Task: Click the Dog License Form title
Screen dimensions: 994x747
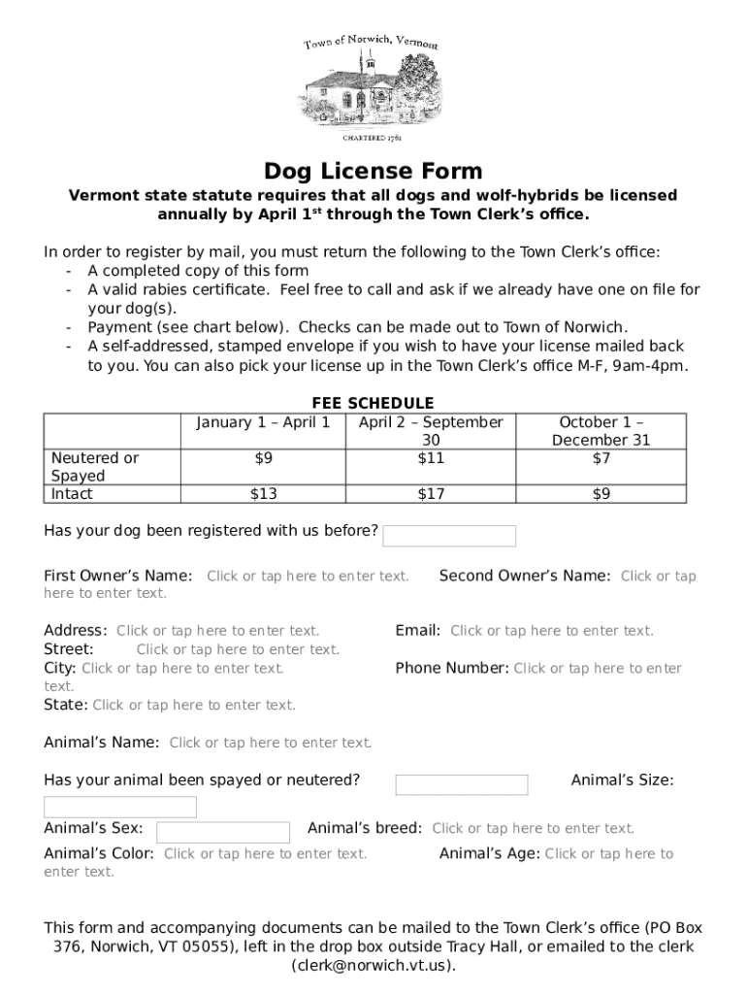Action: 373,172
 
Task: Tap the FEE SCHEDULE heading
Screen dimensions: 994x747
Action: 373,403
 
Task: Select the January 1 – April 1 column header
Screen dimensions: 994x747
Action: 263,422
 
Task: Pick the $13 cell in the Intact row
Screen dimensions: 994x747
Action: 263,494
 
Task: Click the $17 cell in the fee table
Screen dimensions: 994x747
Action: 431,494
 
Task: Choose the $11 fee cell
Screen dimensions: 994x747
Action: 431,458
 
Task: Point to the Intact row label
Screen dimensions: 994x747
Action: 73,494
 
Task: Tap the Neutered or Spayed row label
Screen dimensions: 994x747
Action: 94,467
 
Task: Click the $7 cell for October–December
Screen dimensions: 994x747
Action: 601,458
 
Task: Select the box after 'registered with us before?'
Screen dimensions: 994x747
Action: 450,536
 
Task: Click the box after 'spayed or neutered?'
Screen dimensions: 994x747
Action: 462,784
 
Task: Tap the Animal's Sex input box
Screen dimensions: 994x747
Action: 223,832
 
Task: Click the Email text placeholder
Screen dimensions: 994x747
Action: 551,631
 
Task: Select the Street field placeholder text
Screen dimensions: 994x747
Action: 238,649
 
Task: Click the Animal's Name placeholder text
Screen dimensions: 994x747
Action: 270,743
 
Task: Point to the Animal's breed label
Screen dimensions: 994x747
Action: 364,828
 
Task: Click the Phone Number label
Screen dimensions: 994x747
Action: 451,668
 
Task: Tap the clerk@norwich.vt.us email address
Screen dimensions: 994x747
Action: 373,965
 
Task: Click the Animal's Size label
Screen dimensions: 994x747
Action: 622,779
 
